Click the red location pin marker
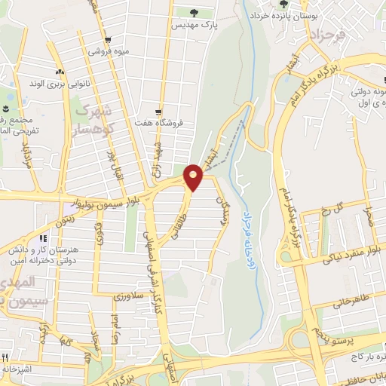[x=194, y=178]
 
